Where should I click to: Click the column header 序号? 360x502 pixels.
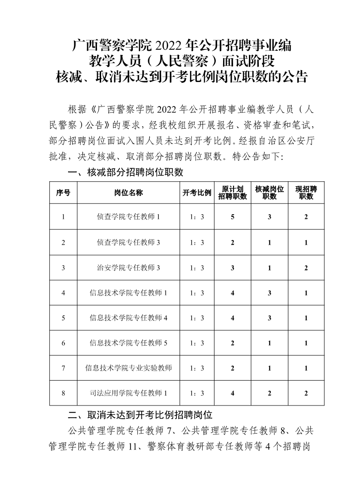63,193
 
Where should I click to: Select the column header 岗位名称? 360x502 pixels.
128,193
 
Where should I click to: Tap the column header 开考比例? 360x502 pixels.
197,193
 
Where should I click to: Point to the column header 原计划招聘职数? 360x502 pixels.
233,193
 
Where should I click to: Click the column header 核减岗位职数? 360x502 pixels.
269,193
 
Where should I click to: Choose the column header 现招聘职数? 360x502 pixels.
306,193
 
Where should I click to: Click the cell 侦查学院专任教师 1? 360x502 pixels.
128,217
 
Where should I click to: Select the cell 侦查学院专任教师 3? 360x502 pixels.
128,242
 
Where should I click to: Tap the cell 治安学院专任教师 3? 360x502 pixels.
128,268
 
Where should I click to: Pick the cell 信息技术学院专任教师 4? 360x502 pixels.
128,318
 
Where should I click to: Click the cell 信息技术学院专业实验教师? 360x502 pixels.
128,368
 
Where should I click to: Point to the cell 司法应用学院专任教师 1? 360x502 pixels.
128,393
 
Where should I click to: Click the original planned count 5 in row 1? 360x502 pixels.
233,217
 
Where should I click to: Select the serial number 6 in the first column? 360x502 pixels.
63,343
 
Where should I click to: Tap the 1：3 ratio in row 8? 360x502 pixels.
197,393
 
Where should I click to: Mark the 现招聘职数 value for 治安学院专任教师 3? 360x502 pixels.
306,268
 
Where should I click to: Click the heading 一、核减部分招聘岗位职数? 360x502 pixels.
125,173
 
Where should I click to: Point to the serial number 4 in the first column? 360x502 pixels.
63,293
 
